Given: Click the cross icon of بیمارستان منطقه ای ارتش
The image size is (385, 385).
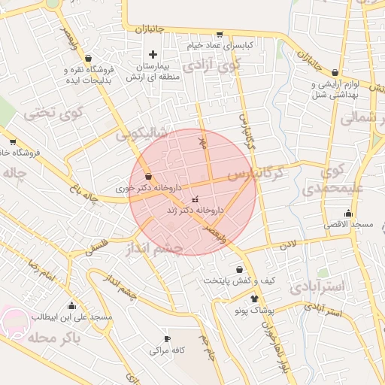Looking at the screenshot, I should click(153, 54).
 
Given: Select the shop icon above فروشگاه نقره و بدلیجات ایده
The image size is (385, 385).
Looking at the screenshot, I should click(89, 58).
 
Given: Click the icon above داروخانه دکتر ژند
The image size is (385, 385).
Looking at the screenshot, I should click(196, 199).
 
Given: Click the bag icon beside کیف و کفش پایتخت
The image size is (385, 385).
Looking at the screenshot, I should click(240, 269).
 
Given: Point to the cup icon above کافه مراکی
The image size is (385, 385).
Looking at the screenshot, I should click(167, 338).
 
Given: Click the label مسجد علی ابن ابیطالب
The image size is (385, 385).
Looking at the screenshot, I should click(71, 317).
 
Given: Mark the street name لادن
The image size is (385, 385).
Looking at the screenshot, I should click(289, 244).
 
